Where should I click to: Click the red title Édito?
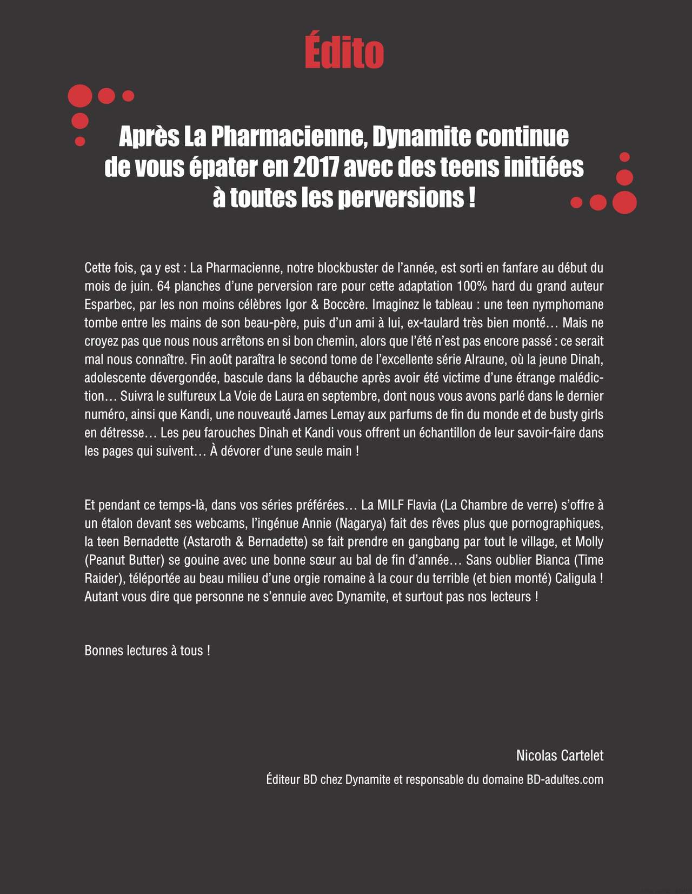tap(344, 52)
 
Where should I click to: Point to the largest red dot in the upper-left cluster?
tap(80, 96)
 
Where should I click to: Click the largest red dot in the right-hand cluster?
tap(624, 202)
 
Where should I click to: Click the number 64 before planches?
tap(164, 286)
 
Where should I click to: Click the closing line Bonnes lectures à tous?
tap(147, 651)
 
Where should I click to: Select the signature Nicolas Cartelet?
tap(560, 756)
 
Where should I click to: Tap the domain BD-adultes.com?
tap(564, 780)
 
